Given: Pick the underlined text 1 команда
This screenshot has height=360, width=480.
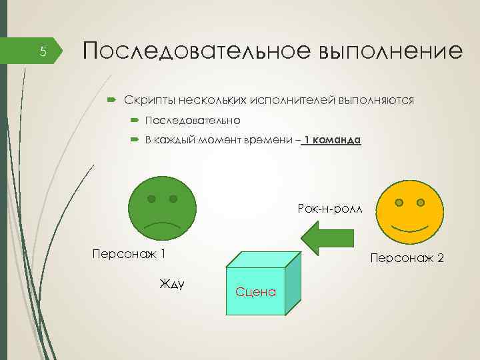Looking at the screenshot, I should [332, 141].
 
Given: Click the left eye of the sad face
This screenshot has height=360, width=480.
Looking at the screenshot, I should [152, 199].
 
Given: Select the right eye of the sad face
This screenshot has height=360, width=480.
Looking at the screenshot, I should [173, 199].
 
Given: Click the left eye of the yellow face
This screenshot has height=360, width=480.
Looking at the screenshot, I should [399, 202].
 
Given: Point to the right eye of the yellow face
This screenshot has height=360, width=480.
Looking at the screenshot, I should [421, 201].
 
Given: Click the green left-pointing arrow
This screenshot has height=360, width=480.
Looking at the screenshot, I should [330, 239].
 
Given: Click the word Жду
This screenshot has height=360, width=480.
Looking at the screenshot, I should [172, 284].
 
